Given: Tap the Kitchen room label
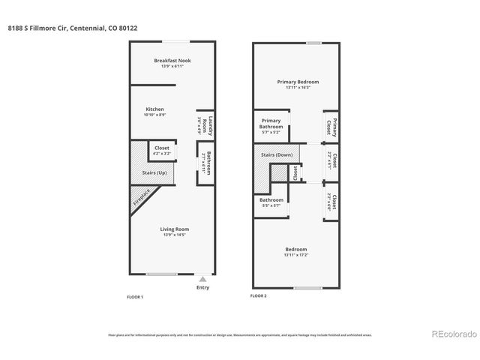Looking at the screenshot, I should (x=154, y=109).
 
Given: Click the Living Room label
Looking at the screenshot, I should (x=174, y=229).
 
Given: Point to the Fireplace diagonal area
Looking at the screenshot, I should (x=142, y=198).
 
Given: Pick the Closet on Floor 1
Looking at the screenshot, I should (x=162, y=148).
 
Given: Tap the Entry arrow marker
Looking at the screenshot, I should (x=202, y=278).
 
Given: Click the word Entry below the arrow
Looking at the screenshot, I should (x=202, y=287).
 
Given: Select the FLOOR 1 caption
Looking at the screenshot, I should (x=134, y=297).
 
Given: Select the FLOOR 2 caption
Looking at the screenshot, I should (x=258, y=296).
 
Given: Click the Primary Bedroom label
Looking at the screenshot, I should (x=298, y=82).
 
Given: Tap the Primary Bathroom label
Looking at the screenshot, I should (x=271, y=124).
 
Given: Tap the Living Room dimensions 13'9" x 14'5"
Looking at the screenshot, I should (x=174, y=235).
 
